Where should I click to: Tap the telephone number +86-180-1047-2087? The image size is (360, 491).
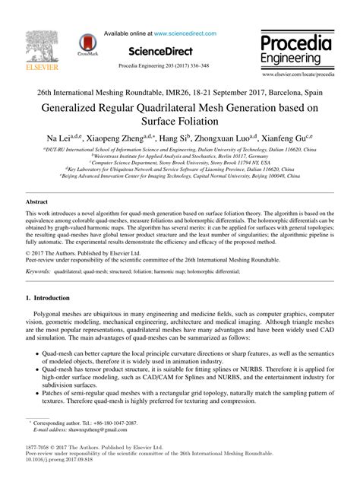(106, 422)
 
